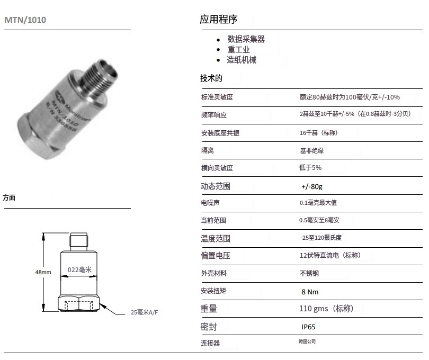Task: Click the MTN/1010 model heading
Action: (x=25, y=20)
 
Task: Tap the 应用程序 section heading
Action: (x=218, y=20)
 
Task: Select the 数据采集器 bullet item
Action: (x=246, y=39)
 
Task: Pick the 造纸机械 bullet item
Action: (x=242, y=60)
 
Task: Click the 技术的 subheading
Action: (x=211, y=78)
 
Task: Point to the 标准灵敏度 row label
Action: (x=217, y=97)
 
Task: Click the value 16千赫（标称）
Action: (x=319, y=133)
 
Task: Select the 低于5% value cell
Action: (x=310, y=167)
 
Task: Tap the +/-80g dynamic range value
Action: (x=311, y=186)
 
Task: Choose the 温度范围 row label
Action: (x=216, y=239)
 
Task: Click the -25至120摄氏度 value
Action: (x=320, y=238)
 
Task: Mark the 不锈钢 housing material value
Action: (x=309, y=273)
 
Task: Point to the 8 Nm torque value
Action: (x=310, y=292)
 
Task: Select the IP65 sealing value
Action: (x=308, y=327)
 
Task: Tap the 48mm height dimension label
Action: (x=43, y=273)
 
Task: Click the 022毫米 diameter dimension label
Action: (x=79, y=269)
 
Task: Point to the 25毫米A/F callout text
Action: (x=144, y=312)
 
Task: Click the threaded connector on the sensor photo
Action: (x=101, y=75)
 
